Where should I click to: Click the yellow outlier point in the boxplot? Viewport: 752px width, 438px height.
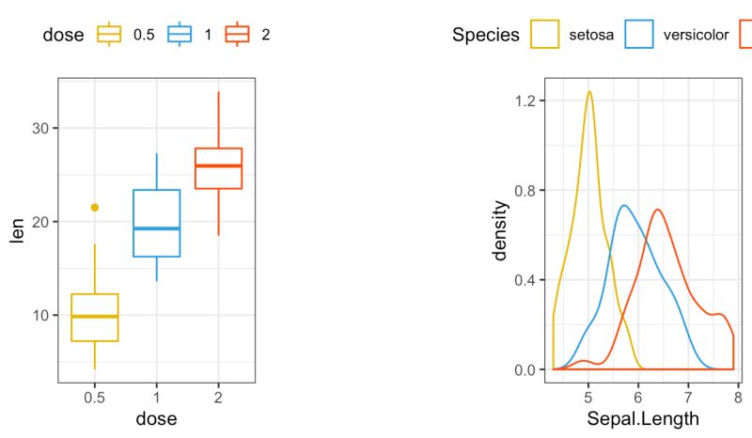(94, 208)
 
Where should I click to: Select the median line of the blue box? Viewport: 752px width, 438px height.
(156, 228)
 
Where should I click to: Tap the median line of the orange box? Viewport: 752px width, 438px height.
(218, 165)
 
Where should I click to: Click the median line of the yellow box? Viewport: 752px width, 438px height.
(94, 317)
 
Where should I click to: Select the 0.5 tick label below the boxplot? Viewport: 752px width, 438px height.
(94, 398)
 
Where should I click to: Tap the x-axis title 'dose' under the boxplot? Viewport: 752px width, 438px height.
(156, 419)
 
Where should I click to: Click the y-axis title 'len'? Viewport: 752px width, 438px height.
(16, 229)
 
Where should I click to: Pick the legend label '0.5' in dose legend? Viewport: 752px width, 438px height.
(144, 35)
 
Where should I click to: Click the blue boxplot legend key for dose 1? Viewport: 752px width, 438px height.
(180, 35)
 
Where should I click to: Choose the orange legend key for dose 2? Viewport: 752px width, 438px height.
(237, 35)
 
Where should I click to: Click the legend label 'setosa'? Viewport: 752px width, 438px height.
(591, 35)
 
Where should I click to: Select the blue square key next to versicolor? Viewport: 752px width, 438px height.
(640, 35)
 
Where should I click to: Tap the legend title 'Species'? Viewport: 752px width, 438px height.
(485, 35)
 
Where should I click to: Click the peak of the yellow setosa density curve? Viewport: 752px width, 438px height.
(589, 92)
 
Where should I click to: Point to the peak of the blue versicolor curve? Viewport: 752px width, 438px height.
(624, 205)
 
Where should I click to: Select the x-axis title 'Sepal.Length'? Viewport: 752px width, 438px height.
(643, 419)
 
